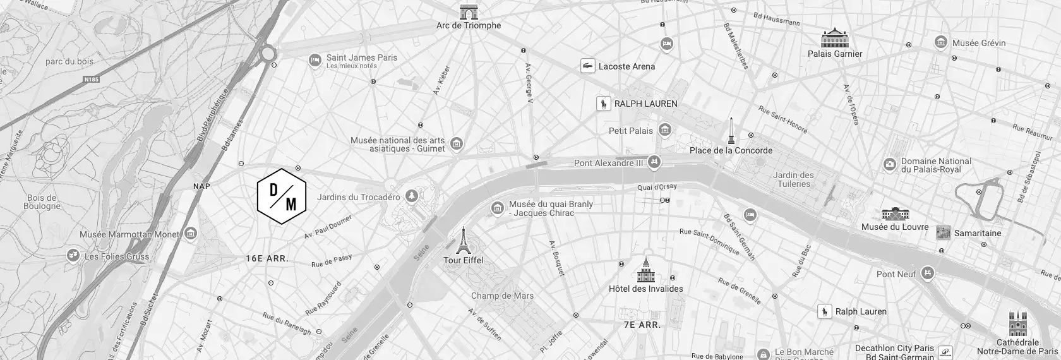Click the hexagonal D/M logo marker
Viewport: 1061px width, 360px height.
point(282,196)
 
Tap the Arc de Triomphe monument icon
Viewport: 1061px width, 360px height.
point(469,12)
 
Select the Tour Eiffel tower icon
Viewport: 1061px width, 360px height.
point(464,241)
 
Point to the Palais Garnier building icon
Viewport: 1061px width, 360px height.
point(834,38)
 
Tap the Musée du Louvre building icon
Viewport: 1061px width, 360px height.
point(895,213)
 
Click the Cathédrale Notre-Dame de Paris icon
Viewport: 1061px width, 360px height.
point(1017,323)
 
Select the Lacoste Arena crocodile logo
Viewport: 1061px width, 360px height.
point(588,66)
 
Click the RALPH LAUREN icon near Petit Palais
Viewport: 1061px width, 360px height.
point(604,104)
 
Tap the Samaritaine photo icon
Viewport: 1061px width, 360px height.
point(944,232)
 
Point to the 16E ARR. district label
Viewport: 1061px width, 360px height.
point(267,259)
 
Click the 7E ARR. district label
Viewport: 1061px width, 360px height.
point(642,325)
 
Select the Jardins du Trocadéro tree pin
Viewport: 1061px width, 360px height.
point(412,196)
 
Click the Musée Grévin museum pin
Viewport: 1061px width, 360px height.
point(941,43)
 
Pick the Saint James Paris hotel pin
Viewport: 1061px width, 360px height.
point(315,60)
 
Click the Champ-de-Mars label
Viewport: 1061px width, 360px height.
point(502,296)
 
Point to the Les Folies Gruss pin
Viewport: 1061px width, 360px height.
point(74,256)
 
